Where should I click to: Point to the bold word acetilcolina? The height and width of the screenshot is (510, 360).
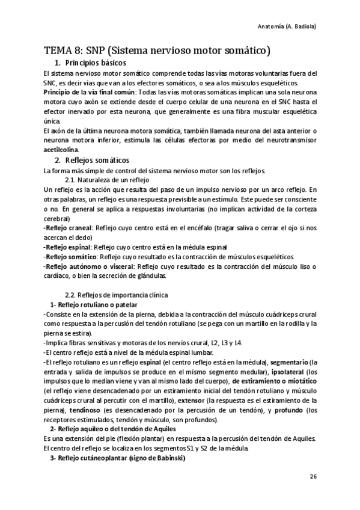coord(61,150)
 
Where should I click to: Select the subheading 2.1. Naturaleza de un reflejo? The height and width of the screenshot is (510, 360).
coord(106,180)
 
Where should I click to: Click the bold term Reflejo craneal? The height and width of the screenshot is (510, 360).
coord(67,229)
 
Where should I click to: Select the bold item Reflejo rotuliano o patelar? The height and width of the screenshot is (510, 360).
coord(99,305)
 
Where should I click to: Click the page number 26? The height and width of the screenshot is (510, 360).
coord(313,477)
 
